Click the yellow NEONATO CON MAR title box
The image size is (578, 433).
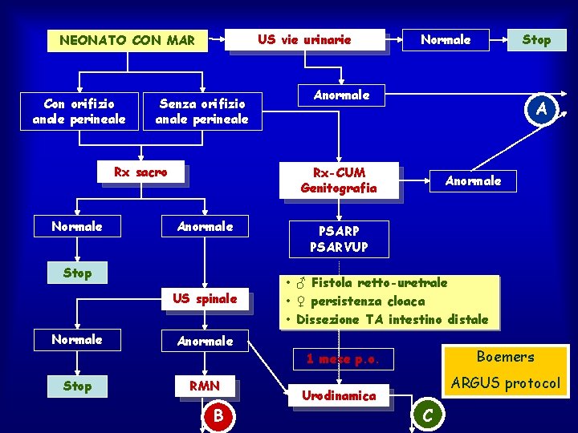click(x=127, y=40)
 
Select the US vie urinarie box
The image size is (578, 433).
click(x=304, y=39)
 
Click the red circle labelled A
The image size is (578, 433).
click(x=542, y=108)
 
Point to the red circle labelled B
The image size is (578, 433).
click(x=217, y=415)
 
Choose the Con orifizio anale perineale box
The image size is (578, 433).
click(x=79, y=111)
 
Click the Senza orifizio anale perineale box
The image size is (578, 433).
click(x=201, y=111)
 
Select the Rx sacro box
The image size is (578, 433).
click(x=140, y=172)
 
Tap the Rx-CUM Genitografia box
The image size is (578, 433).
click(x=338, y=180)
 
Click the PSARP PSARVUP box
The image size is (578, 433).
click(x=338, y=239)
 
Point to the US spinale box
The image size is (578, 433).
click(x=205, y=299)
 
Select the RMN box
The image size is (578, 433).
click(x=205, y=386)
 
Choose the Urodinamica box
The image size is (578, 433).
click(x=338, y=395)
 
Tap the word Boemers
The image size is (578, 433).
click(x=505, y=357)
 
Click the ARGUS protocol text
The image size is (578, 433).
click(x=505, y=383)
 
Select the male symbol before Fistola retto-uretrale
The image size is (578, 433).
click(x=299, y=283)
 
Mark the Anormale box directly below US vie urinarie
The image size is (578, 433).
click(x=341, y=95)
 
